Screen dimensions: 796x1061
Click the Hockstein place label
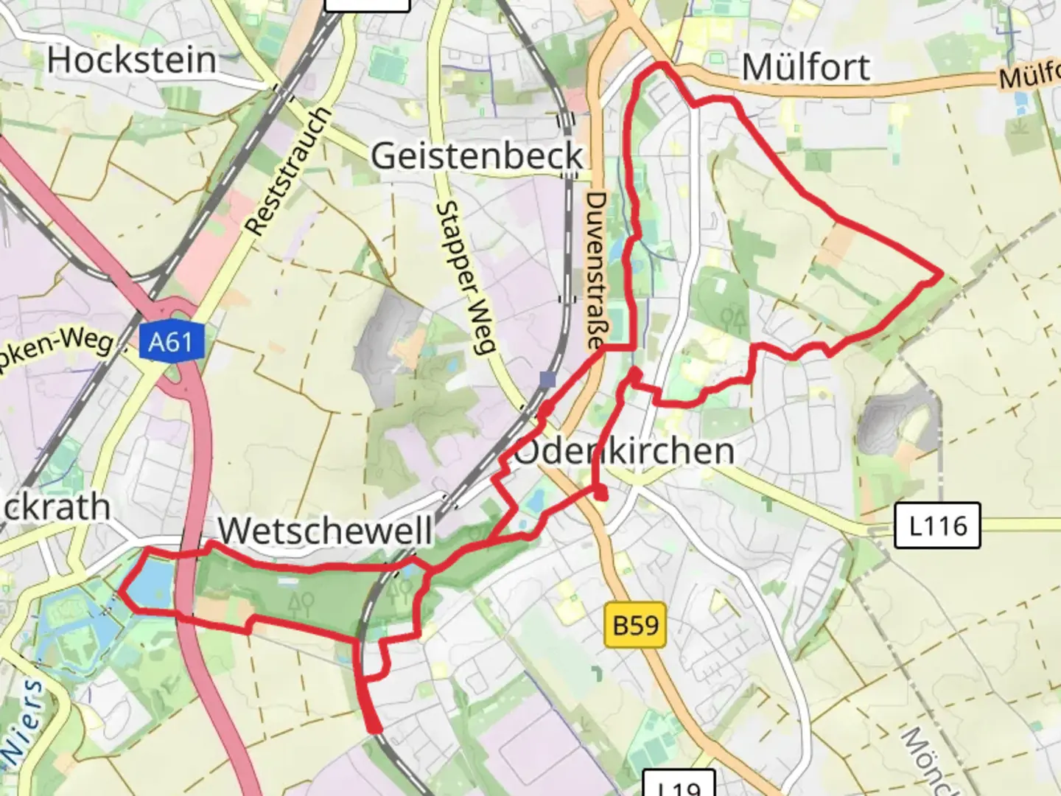[x=133, y=60]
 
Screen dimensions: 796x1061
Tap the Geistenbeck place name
[x=477, y=156]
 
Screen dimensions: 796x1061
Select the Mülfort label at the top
[x=806, y=67]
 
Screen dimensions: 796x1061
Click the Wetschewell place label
[x=325, y=530]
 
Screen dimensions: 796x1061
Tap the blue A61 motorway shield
[x=170, y=342]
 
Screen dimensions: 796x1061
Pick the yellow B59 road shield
[x=635, y=626]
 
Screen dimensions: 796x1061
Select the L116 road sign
[x=938, y=526]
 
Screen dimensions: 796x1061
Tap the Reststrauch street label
[x=289, y=171]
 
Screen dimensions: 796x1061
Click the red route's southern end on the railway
[x=376, y=729]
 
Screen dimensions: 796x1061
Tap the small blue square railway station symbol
[x=547, y=380]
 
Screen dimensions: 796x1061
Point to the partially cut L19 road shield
[x=679, y=784]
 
